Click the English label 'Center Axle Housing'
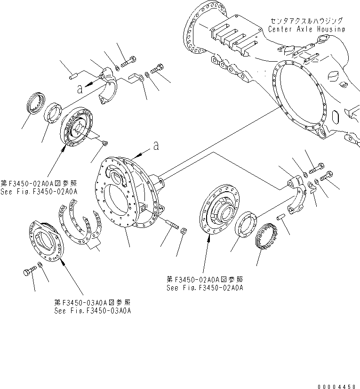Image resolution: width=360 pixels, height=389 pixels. tap(306, 29)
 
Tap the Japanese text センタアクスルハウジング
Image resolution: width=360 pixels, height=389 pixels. tap(306, 21)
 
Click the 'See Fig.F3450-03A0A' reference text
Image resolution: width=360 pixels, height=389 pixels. tap(92, 311)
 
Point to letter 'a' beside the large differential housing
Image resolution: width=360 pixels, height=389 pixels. tap(155, 147)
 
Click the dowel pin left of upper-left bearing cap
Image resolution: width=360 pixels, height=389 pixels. tap(72, 74)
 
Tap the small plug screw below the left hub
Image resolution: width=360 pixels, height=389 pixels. tap(105, 143)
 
